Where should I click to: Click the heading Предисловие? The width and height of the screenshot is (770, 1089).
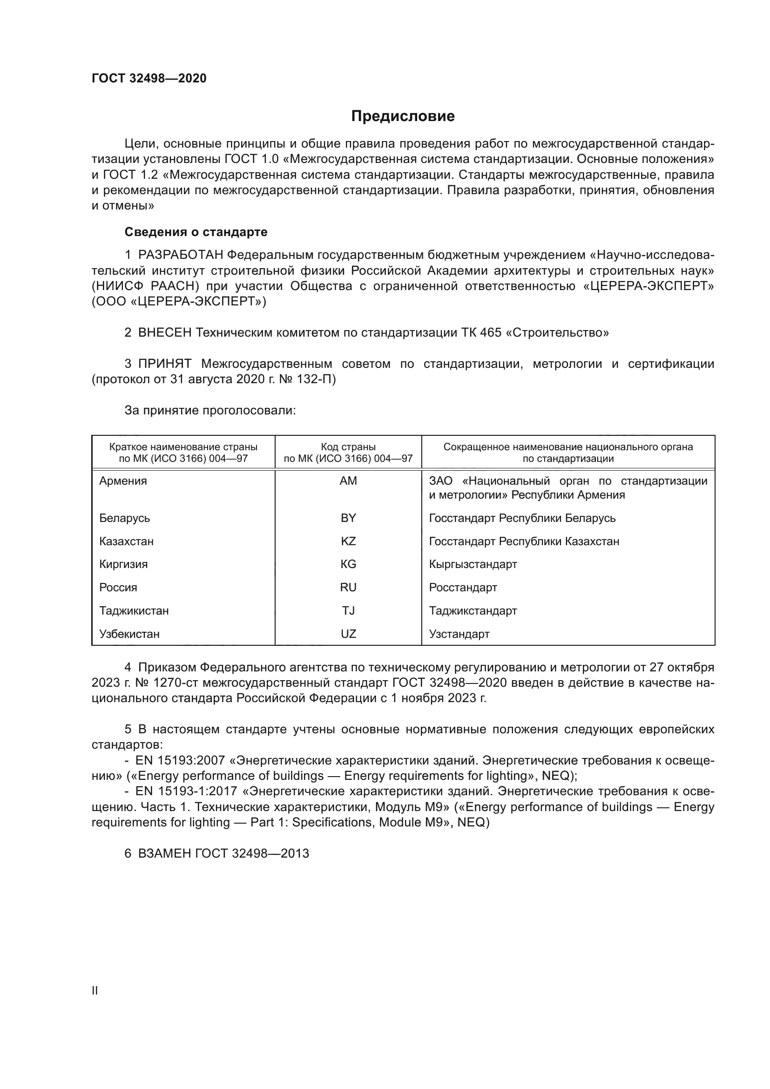[403, 116]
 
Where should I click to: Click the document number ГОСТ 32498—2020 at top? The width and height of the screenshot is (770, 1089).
[149, 79]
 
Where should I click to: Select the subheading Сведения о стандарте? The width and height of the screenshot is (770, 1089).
[196, 232]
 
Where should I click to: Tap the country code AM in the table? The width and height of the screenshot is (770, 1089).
[348, 481]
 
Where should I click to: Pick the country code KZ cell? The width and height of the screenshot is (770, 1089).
[348, 541]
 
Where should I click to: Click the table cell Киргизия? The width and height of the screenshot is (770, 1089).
[123, 564]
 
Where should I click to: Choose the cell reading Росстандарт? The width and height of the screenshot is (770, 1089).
[463, 588]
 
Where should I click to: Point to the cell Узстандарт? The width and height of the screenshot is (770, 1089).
[459, 634]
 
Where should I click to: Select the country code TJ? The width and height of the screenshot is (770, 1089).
[348, 611]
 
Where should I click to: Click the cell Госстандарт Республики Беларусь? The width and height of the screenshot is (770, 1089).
[522, 518]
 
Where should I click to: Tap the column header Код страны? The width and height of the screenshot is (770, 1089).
[348, 447]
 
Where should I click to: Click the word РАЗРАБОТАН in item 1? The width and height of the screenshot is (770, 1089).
[180, 255]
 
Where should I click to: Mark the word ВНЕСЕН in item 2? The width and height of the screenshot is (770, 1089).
[164, 332]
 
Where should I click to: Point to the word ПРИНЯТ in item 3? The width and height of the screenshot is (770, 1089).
[164, 364]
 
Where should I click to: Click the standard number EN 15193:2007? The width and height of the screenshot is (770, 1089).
[180, 760]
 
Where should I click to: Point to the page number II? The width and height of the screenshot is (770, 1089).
[95, 991]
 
